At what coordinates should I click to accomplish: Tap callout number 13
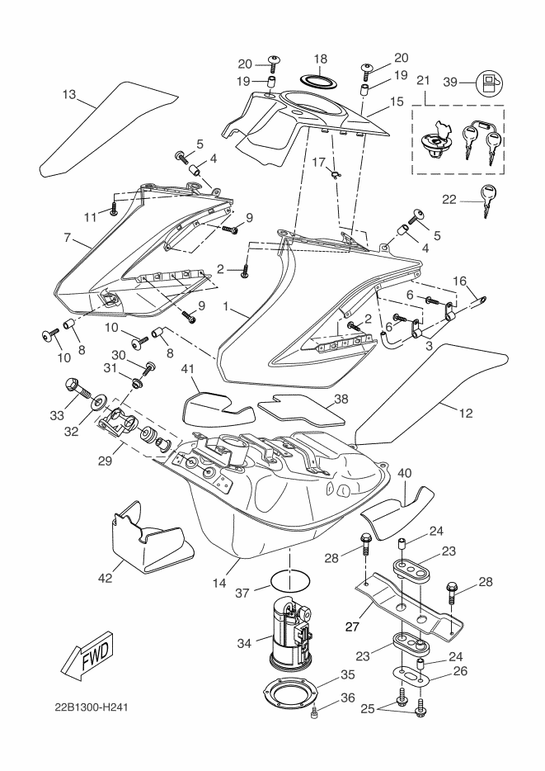point(70,96)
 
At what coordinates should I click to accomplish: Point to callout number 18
point(320,59)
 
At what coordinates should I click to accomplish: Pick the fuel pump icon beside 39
point(490,82)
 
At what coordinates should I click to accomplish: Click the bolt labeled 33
point(73,385)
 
